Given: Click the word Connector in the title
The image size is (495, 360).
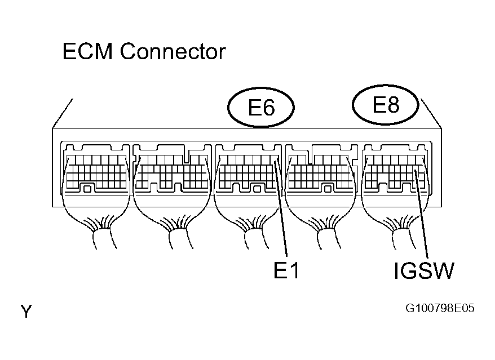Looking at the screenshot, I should [x=173, y=52].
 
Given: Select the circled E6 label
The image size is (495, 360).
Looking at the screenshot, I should [x=261, y=106].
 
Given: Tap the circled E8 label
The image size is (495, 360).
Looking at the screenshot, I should [x=386, y=105].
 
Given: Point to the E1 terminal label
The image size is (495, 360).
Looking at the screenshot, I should [x=286, y=271].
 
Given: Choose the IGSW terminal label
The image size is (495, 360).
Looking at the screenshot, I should [x=424, y=272].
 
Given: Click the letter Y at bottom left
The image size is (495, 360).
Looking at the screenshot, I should [x=25, y=311].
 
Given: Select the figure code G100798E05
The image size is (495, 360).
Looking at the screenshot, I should [x=440, y=309].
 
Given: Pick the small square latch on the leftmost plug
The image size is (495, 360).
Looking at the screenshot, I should [x=87, y=189].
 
